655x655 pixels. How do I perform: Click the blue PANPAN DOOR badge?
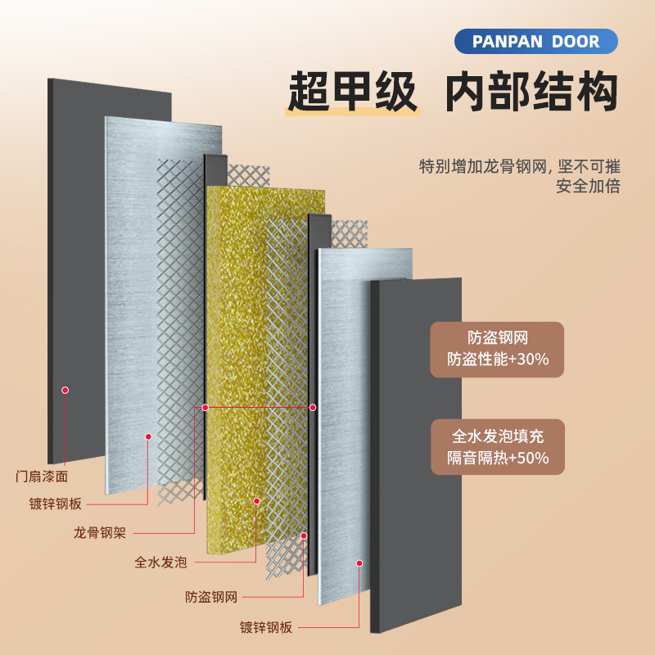535,41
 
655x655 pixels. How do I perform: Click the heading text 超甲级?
352,92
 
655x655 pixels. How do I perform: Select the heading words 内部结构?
531,92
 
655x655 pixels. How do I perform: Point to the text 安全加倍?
588,186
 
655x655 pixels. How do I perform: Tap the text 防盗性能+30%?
498,359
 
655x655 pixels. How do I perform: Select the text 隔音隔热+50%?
498,458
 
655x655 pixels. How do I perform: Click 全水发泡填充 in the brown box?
498,436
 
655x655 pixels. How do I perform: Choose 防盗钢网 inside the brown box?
498,337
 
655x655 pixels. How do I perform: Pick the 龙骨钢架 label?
99,533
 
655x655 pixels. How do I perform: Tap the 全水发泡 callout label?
160,562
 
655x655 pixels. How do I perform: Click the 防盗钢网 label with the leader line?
210,597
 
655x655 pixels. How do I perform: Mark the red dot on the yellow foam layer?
256,500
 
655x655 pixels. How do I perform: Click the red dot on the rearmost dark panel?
65,391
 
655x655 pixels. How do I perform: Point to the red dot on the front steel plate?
359,562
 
